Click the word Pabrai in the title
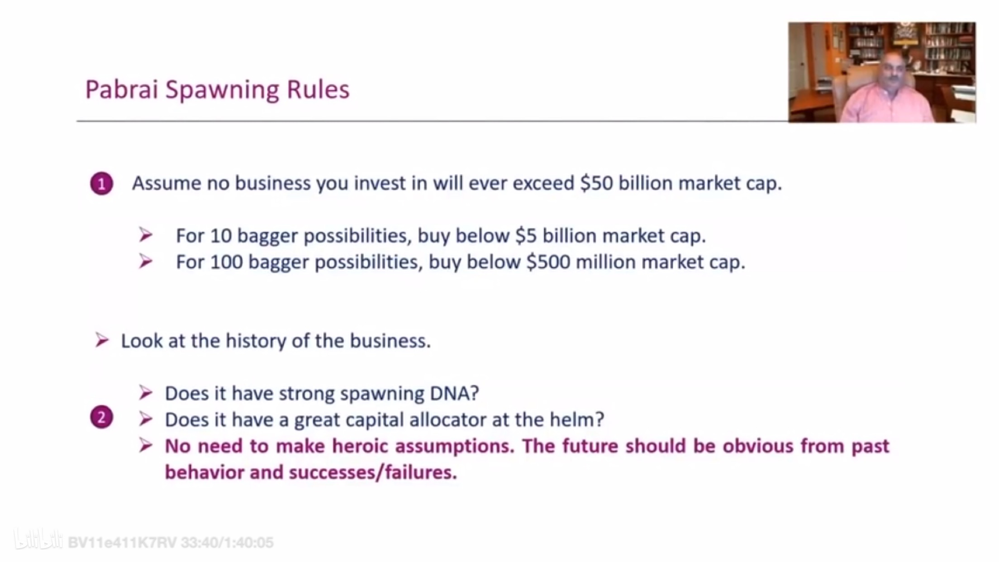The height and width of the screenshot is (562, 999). point(121,89)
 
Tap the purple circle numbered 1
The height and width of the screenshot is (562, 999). point(101,183)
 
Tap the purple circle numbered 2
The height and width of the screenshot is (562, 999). point(101,417)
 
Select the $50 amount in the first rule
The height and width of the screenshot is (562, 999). point(596,183)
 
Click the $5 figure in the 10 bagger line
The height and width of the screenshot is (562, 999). point(526,235)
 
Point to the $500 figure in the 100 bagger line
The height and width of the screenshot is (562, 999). point(548,262)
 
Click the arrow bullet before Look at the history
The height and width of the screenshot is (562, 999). point(102,340)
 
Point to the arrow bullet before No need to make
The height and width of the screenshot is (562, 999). point(146,445)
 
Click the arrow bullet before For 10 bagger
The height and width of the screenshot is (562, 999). point(146,234)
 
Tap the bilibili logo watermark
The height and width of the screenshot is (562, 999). point(38,540)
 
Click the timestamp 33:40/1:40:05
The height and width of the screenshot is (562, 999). point(227,542)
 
